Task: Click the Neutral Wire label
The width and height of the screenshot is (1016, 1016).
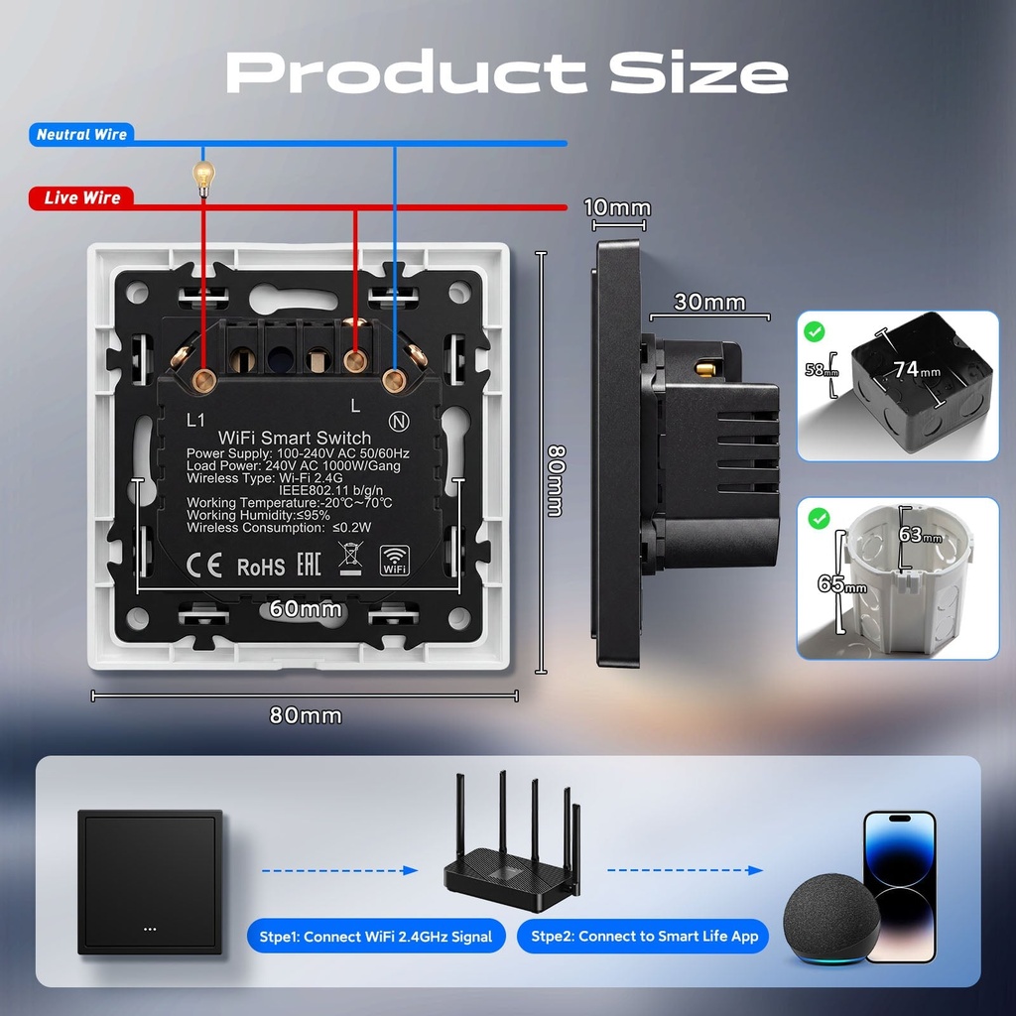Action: (81, 134)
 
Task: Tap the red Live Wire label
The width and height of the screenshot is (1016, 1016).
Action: (81, 197)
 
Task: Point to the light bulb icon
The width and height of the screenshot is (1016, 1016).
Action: (203, 179)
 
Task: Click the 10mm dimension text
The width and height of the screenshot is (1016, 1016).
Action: (617, 208)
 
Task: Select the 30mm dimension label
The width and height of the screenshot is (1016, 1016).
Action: (709, 302)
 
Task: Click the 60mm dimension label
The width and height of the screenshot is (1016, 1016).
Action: (306, 608)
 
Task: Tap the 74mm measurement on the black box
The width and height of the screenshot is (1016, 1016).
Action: (917, 369)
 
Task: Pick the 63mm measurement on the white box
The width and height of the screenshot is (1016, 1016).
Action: (920, 535)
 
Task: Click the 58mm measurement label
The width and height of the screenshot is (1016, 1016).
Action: (822, 370)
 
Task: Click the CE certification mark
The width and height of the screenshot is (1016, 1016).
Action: (204, 565)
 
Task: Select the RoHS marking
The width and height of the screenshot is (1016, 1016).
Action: (261, 568)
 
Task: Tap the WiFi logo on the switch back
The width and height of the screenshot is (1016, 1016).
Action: (395, 561)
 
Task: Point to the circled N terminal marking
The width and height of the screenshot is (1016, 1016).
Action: (399, 422)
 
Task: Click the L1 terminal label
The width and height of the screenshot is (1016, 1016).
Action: (195, 421)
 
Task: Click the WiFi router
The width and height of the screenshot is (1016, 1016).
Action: (512, 841)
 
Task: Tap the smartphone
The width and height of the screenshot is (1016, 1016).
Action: (901, 886)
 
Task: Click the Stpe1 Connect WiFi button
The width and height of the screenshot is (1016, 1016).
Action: (376, 937)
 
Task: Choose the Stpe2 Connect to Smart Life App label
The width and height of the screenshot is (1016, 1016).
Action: (644, 937)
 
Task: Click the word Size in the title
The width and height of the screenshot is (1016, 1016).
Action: (698, 71)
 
